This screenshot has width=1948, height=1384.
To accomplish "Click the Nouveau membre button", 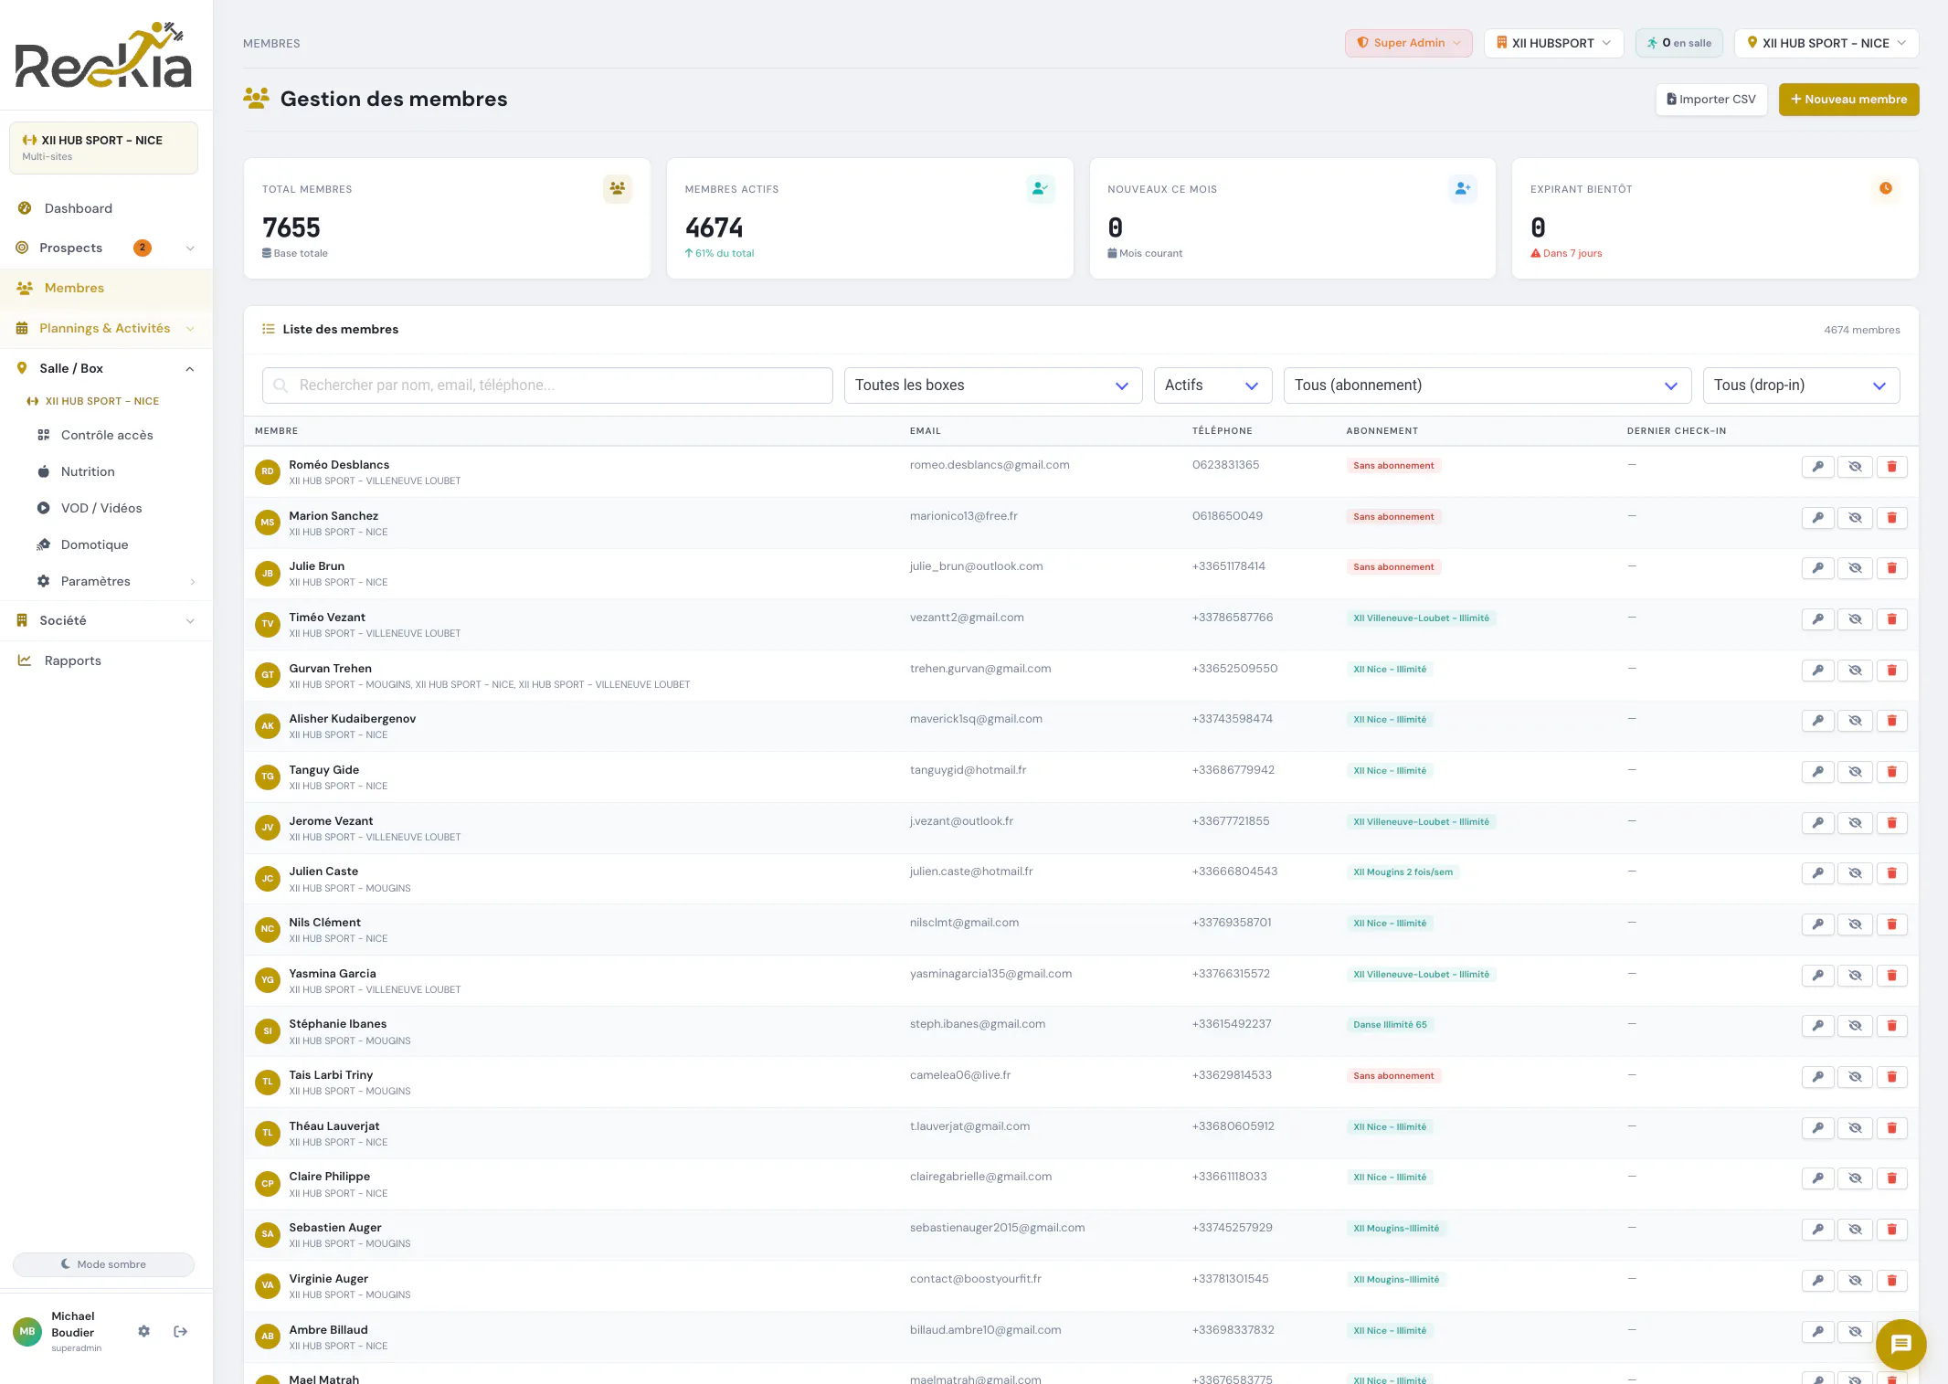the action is coord(1848,100).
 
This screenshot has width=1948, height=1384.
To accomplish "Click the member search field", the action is coord(547,386).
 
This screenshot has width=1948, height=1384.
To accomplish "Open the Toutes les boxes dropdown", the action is coord(993,386).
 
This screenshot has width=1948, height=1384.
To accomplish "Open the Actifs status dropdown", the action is coord(1212,386).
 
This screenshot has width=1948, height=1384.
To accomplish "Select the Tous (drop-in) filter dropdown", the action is coord(1801,386).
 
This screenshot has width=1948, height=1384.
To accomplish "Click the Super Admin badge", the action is coord(1408,43).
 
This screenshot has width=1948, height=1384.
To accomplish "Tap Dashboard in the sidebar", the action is coord(79,208).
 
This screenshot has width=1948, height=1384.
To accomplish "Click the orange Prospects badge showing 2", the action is coord(143,248).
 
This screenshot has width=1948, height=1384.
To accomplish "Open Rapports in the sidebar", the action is coord(73,660).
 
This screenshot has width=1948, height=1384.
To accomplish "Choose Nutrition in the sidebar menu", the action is coord(88,471).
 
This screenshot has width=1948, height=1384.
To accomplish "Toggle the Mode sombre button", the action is coord(103,1264).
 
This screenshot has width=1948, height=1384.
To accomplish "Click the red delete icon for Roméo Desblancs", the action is coord(1891,467).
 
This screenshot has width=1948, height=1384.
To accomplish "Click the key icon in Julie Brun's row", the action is coord(1818,568).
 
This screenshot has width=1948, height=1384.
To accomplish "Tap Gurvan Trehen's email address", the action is coord(980,669).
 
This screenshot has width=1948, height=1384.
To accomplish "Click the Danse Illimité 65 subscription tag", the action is coord(1390,1025).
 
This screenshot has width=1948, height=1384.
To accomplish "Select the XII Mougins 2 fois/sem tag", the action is coord(1403,872).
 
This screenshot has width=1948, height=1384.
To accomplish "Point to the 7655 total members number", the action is coord(291,227).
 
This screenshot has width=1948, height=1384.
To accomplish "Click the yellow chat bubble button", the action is coord(1900,1344).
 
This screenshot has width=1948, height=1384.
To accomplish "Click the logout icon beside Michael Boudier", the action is coord(181,1332).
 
